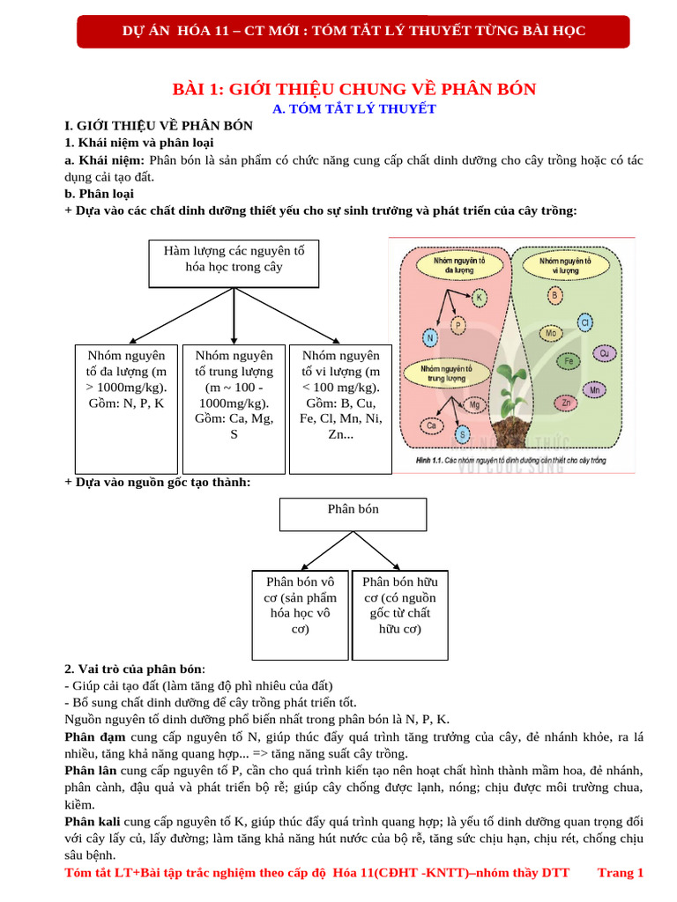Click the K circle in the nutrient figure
pyautogui.click(x=480, y=298)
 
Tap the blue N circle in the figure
pyautogui.click(x=429, y=338)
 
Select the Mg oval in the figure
pyautogui.click(x=475, y=405)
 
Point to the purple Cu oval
pyautogui.click(x=604, y=353)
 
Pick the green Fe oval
pyautogui.click(x=569, y=361)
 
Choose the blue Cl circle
pyautogui.click(x=584, y=323)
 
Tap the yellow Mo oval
pyautogui.click(x=551, y=334)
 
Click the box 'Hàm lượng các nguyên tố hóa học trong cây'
pyautogui.click(x=234, y=262)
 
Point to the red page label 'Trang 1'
pyautogui.click(x=621, y=873)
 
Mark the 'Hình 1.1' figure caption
pyautogui.click(x=510, y=461)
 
